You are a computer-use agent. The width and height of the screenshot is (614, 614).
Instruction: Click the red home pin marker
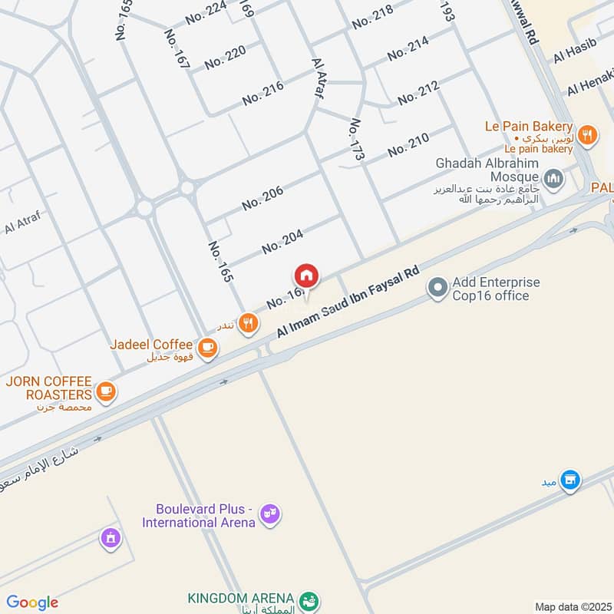click(305, 276)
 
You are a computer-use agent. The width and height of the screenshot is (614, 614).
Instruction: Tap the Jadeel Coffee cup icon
click(206, 348)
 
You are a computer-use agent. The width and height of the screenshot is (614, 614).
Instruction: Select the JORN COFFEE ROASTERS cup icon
click(106, 392)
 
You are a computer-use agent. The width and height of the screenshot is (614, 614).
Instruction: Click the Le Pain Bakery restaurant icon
click(587, 135)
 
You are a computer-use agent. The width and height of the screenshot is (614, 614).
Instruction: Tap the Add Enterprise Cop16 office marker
click(437, 289)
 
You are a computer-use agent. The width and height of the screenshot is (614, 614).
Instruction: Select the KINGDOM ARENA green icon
click(308, 599)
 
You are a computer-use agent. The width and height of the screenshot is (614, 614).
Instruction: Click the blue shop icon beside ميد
click(569, 480)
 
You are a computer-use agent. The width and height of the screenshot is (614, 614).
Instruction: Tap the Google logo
click(32, 602)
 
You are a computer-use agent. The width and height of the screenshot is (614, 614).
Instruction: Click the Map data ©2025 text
click(573, 607)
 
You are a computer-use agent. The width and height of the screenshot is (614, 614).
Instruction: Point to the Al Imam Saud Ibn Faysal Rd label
click(348, 302)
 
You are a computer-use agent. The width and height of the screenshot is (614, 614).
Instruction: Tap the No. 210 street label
click(408, 145)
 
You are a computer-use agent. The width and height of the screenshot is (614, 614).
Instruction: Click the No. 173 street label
click(356, 140)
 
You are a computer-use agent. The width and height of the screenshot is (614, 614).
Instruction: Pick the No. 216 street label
click(262, 93)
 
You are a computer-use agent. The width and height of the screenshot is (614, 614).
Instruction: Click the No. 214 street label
click(408, 49)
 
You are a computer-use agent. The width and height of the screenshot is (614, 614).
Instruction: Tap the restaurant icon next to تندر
click(246, 323)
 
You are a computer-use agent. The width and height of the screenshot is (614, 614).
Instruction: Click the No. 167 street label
click(177, 50)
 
